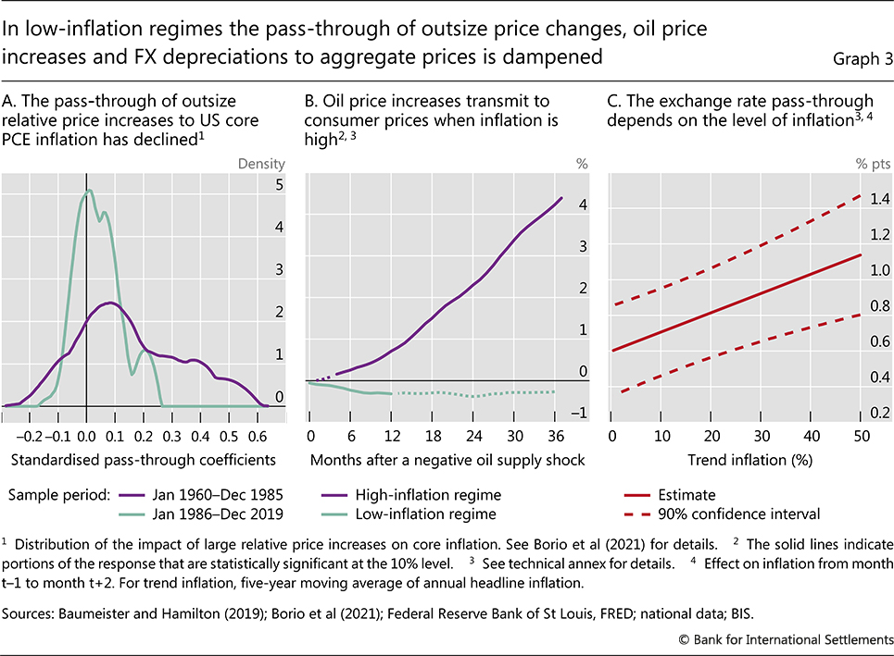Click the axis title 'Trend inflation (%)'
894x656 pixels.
point(736,460)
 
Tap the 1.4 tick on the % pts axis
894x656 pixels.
point(880,199)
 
